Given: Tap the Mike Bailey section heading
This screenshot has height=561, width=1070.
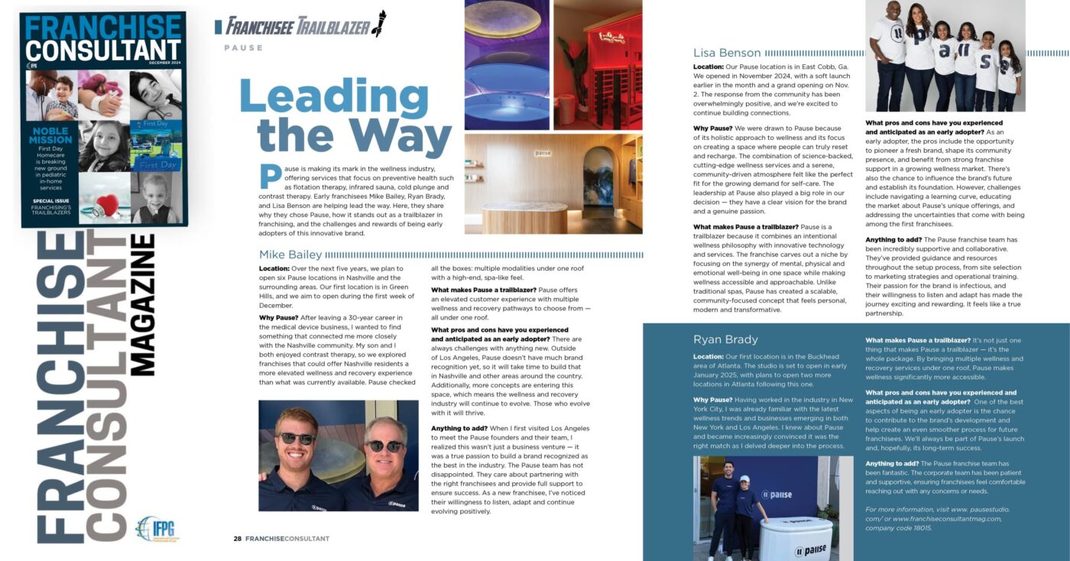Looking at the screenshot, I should click(290, 255).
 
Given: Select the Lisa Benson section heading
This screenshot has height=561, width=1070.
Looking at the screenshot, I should click(727, 53).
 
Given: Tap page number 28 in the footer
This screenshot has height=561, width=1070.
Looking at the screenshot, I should click(238, 538).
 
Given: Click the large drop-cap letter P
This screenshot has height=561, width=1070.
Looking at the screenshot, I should click(270, 177).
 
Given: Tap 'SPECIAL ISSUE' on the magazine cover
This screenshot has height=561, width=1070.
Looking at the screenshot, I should click(50, 202).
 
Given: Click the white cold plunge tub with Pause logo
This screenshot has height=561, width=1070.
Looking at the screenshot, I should click(796, 536).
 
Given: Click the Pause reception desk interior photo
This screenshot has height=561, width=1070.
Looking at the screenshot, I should click(553, 183).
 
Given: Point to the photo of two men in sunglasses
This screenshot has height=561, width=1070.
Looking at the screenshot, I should click(339, 456).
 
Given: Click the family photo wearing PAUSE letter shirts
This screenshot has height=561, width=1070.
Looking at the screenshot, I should click(945, 55).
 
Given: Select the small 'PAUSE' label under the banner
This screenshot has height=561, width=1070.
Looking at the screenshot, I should click(243, 48).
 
